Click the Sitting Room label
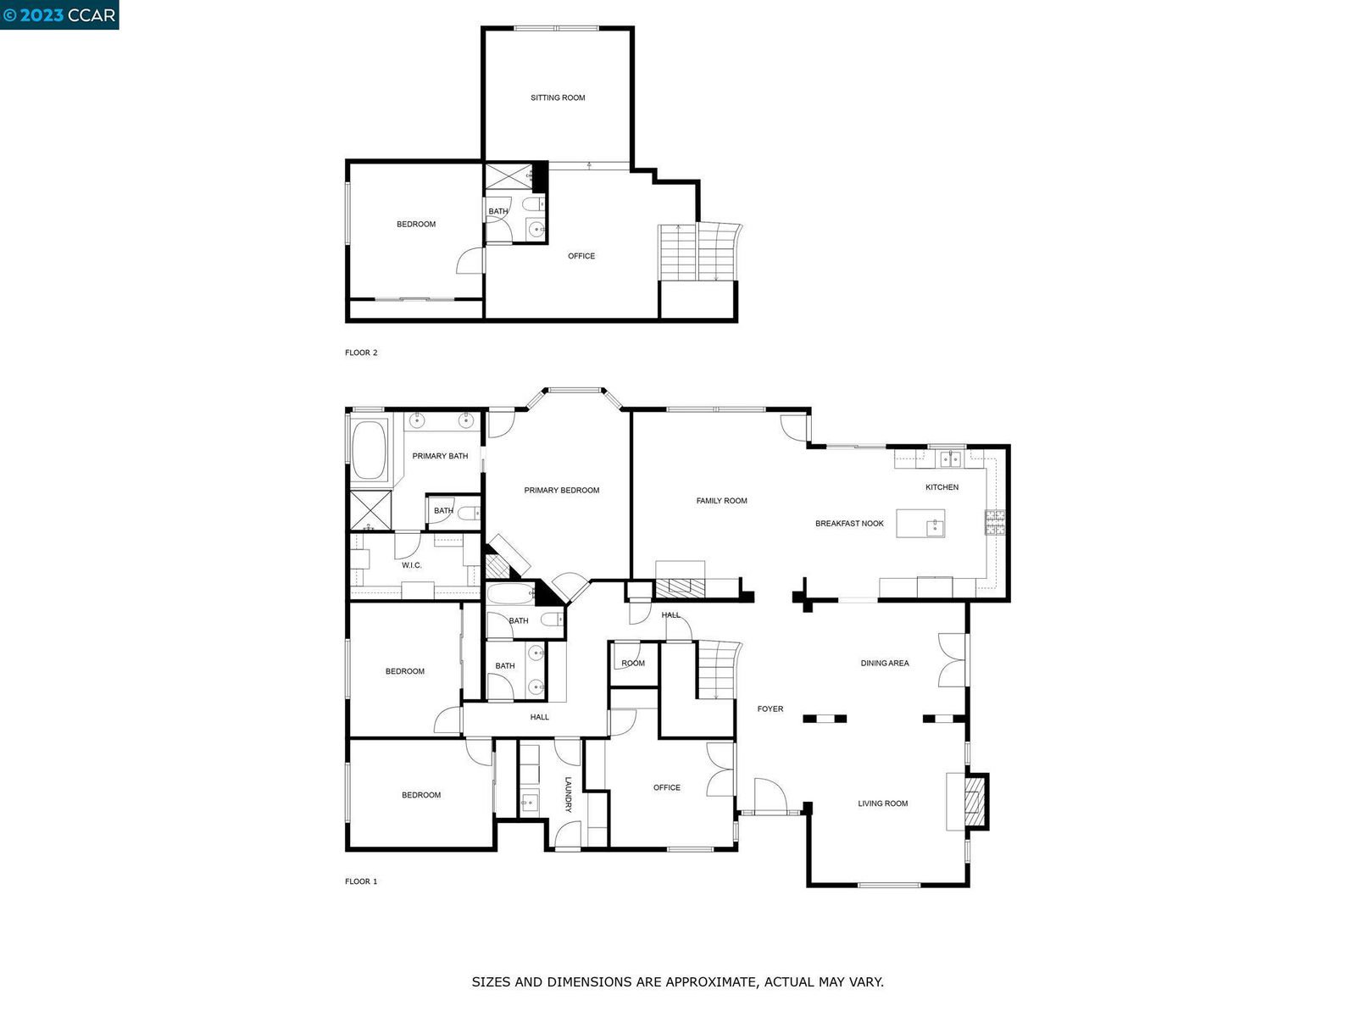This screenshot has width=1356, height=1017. click(557, 97)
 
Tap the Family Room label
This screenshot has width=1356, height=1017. click(721, 501)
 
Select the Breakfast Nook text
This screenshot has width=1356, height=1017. click(849, 524)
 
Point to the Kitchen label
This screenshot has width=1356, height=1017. click(942, 487)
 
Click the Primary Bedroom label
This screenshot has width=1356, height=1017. click(562, 491)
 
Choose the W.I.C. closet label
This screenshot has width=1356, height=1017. click(411, 565)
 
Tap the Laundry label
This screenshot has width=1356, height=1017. click(568, 794)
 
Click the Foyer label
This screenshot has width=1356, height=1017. click(770, 709)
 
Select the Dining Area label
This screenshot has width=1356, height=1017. click(885, 664)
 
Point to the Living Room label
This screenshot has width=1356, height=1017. click(883, 803)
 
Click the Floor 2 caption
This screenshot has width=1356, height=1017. click(361, 353)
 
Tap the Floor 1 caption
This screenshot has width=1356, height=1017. click(361, 881)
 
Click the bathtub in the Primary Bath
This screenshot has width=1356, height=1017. click(369, 450)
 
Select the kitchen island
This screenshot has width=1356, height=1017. click(920, 524)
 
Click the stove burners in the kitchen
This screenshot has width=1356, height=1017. click(995, 522)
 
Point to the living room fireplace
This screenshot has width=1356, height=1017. click(975, 802)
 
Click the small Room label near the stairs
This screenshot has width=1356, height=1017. click(632, 664)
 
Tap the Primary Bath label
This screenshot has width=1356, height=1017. click(440, 456)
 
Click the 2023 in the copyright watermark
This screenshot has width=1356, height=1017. click(42, 14)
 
